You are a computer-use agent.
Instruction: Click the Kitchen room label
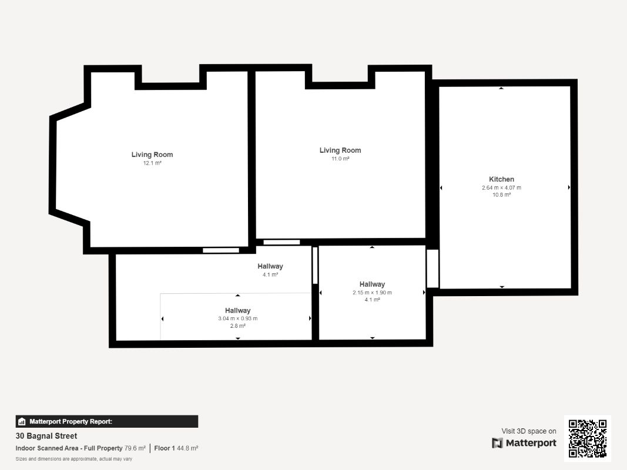[501, 179]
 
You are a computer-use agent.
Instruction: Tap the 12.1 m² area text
[152, 163]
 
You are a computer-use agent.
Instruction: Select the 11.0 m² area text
[340, 159]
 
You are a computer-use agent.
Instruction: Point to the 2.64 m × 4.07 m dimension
[501, 188]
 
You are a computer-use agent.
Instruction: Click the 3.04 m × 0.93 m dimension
[237, 318]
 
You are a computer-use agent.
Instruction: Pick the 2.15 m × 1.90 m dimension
[372, 293]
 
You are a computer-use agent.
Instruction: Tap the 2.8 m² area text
[237, 325]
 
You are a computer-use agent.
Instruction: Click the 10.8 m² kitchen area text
[501, 194]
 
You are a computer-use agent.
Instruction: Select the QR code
[588, 438]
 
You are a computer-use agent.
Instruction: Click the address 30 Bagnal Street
[46, 436]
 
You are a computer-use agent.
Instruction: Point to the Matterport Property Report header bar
[106, 421]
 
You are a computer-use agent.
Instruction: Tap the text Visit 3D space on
[529, 431]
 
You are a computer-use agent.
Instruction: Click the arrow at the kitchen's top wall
[501, 88]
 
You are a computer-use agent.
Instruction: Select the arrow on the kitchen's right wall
[569, 187]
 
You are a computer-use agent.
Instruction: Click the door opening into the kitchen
[432, 268]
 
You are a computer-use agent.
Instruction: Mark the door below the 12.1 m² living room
[221, 250]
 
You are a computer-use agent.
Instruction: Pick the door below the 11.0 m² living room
[281, 242]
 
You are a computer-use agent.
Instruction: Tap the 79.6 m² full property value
[135, 448]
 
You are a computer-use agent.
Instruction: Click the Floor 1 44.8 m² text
[176, 448]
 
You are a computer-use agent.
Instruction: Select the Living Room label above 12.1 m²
[152, 155]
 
